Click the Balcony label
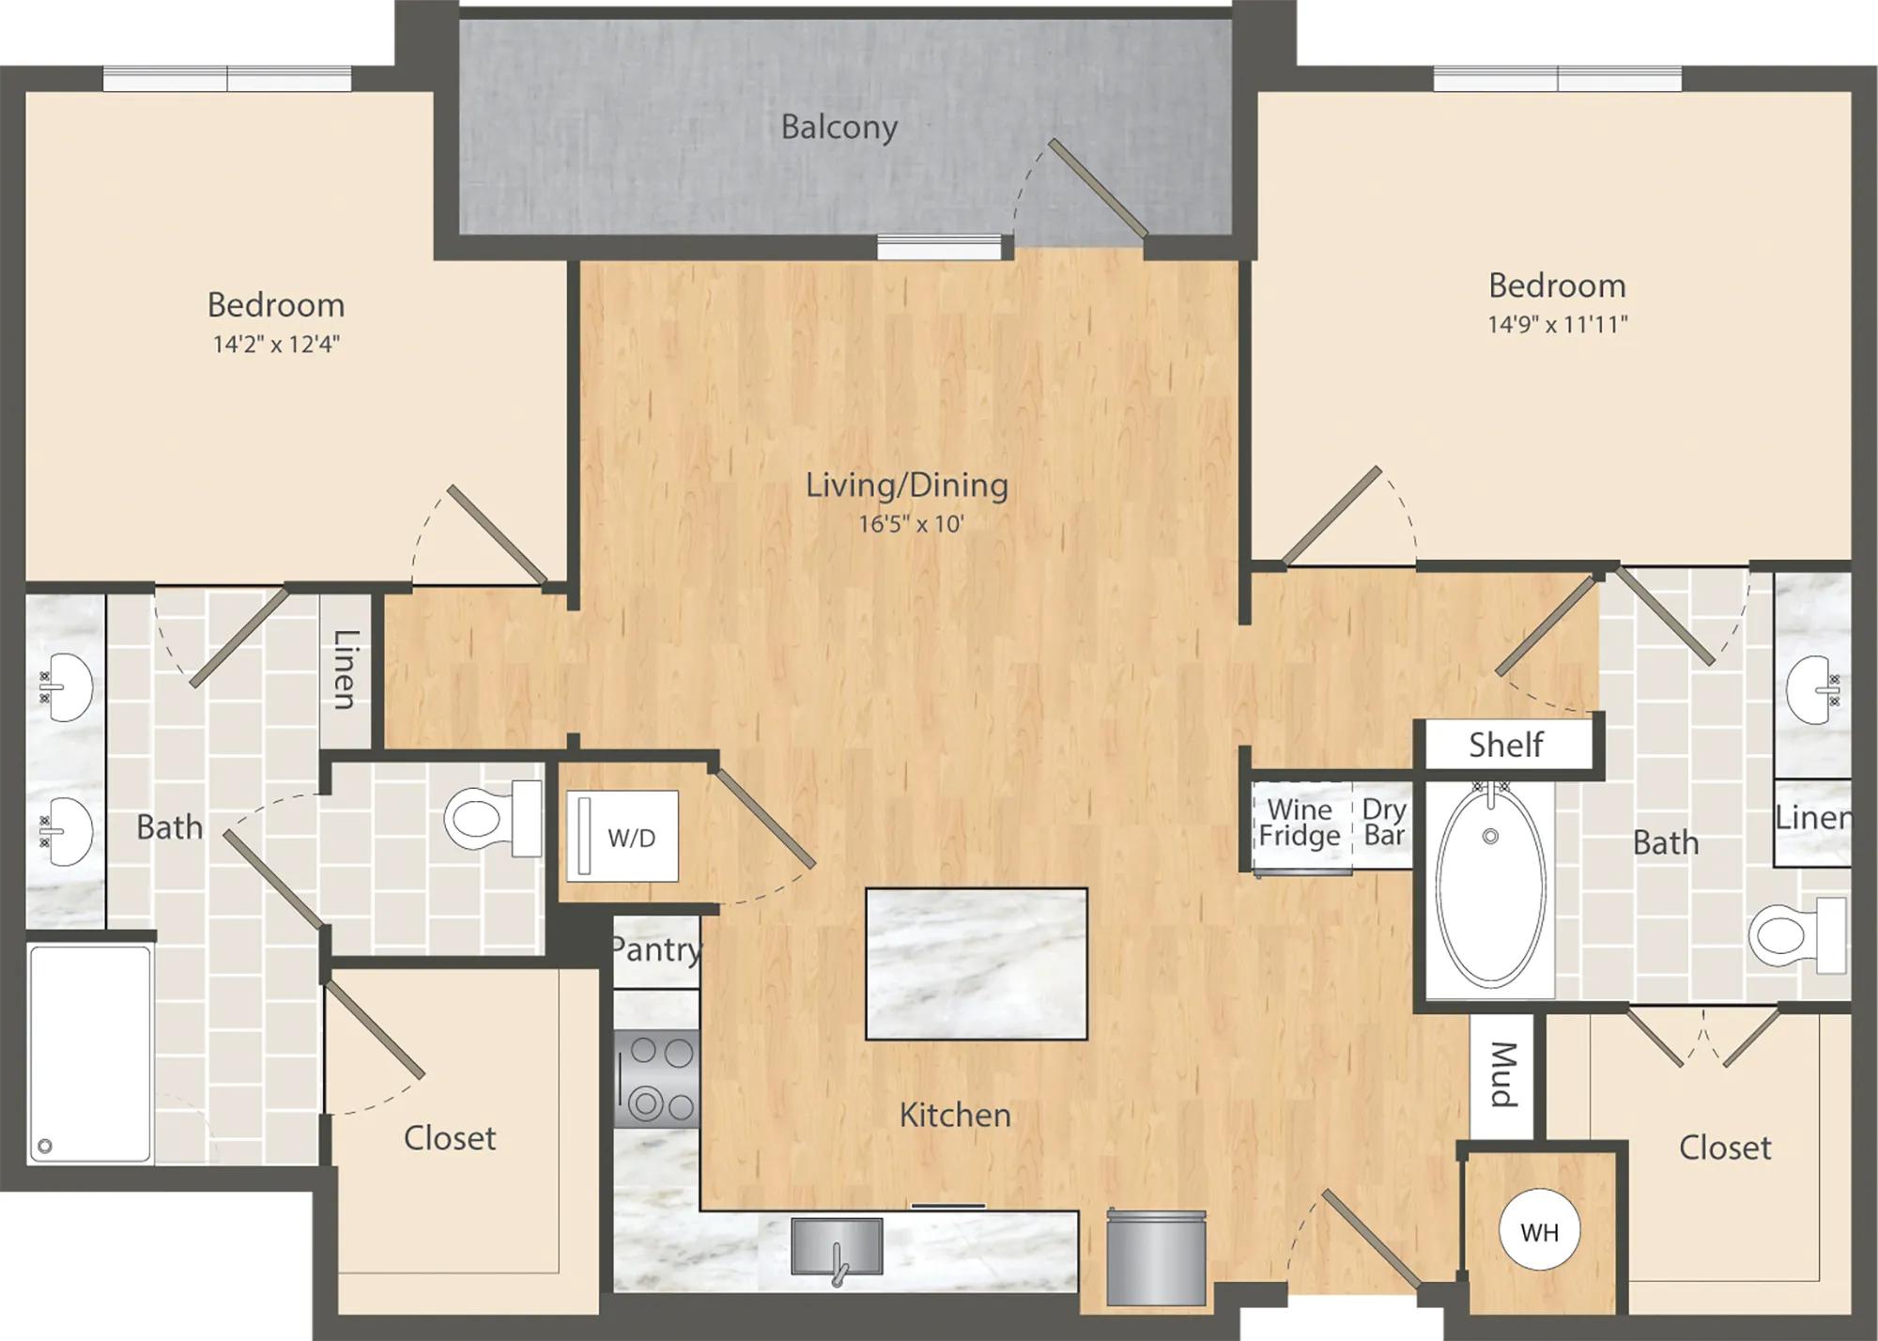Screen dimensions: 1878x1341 839,127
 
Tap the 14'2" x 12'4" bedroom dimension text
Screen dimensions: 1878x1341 276,344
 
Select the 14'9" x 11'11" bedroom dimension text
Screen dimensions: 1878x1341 1557,324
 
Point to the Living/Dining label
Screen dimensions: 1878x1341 907,486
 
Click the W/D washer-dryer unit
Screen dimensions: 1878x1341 623,836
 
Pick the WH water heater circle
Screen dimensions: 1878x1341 1539,1231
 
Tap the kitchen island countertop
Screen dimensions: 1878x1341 977,964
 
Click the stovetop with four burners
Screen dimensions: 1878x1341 656,1078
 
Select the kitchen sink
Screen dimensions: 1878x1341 837,1247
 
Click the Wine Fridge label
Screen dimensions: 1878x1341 1300,823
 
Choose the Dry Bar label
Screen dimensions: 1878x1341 1384,823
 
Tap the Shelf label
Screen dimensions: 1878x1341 1506,745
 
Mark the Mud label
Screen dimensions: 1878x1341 1503,1074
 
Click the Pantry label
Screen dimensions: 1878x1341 656,950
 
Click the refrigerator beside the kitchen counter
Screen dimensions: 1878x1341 1156,1257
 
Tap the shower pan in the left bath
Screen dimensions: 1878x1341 89,1055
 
